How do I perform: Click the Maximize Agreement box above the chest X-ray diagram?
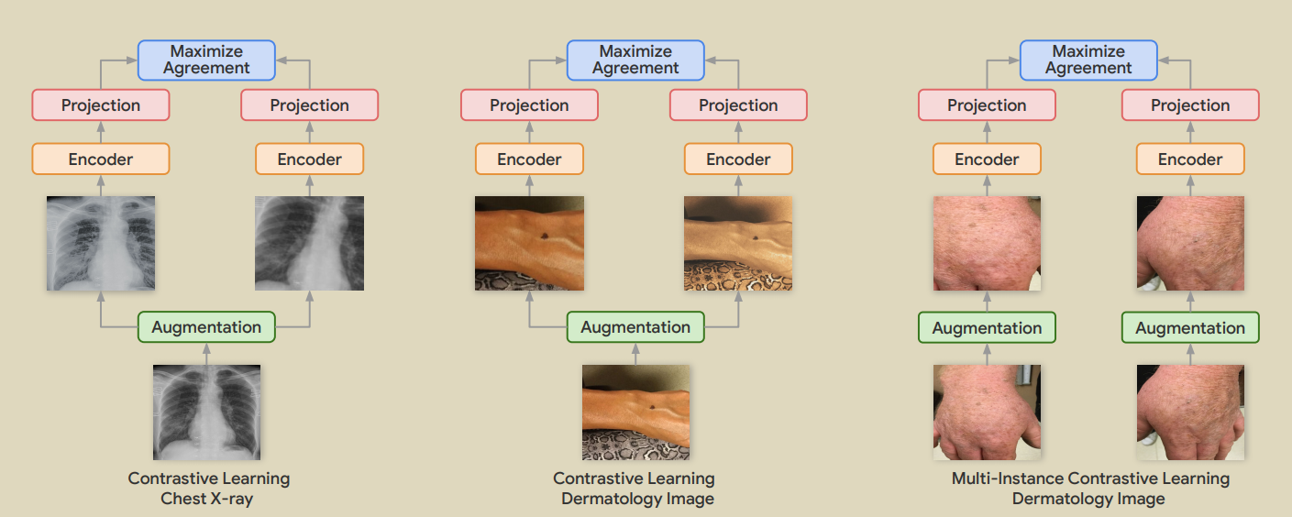206,60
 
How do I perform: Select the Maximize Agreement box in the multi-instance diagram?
1088,60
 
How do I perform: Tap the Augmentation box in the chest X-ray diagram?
206,327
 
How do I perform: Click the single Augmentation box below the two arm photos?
635,327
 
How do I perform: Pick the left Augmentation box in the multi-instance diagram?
987,328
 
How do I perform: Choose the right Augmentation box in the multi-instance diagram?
1190,328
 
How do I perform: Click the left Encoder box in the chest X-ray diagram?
101,159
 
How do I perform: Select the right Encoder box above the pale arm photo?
738,159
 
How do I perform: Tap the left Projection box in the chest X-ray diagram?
101,105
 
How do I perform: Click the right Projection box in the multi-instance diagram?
1190,105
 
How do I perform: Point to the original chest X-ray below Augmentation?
206,412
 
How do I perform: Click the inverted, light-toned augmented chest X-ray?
101,243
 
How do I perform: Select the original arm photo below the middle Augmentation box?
635,412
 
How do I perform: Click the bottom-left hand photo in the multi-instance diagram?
987,412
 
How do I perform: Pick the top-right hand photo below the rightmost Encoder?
1190,243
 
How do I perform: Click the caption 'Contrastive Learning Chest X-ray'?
208,489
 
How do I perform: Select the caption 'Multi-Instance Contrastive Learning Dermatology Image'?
1089,489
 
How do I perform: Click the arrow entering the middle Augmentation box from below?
635,353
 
